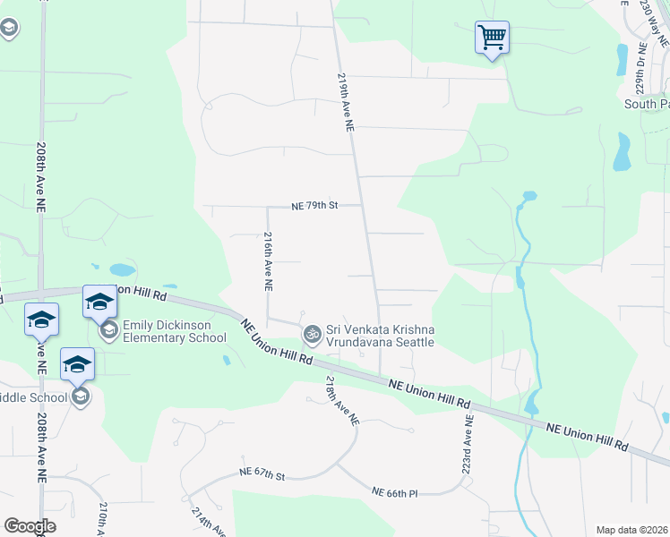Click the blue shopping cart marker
point(492,38)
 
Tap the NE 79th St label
point(314,206)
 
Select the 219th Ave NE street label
point(345,103)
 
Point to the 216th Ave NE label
point(268,261)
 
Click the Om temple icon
point(312,336)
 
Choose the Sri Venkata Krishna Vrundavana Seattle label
point(381,337)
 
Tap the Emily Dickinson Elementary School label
point(175,331)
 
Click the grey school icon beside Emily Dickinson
point(109,331)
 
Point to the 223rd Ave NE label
point(468,444)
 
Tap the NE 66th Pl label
point(396,491)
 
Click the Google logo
point(30,525)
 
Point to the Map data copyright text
point(631,530)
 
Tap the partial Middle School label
point(33,397)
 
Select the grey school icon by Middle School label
point(80,396)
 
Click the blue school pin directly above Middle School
point(78,364)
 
